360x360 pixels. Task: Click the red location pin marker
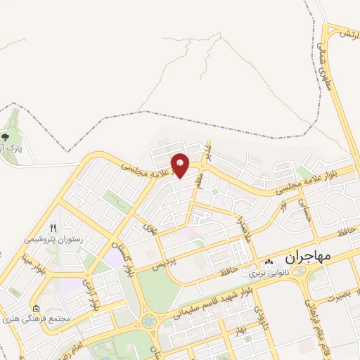point(181,165)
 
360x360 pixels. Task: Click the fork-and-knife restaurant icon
point(53,228)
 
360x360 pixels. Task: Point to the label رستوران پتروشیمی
point(53,239)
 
